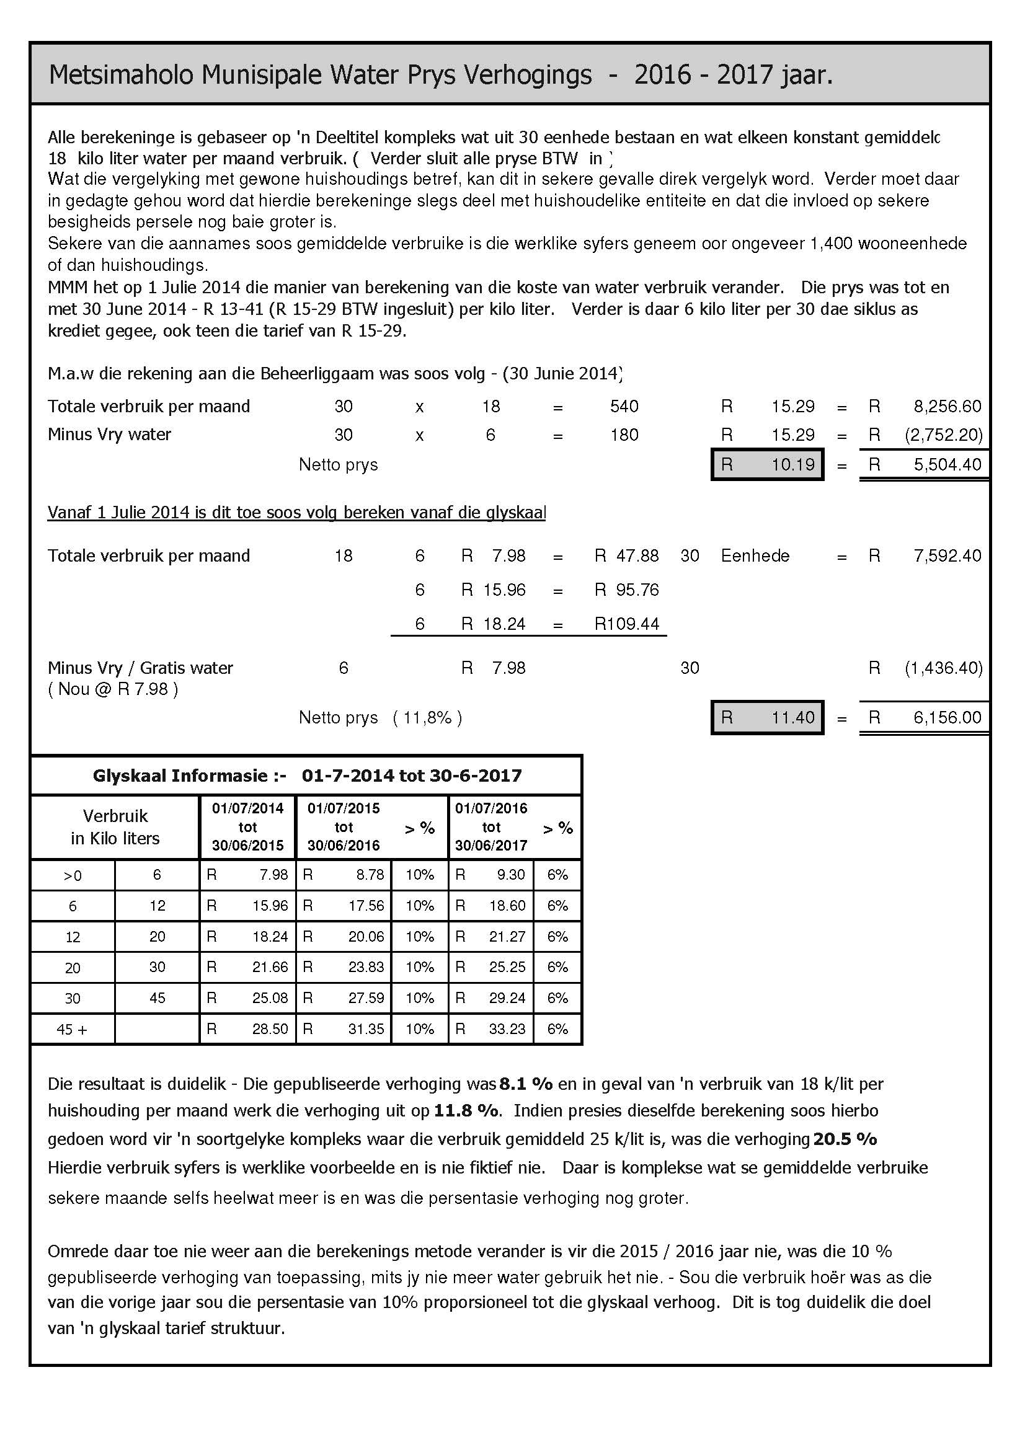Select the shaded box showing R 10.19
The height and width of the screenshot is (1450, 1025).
pyautogui.click(x=767, y=465)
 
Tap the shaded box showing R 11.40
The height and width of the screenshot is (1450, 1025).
pyautogui.click(x=767, y=717)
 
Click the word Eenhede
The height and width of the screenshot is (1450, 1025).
pyautogui.click(x=755, y=555)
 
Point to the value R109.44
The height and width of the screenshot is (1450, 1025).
pyautogui.click(x=626, y=624)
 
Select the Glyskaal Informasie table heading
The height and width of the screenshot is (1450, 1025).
pyautogui.click(x=307, y=776)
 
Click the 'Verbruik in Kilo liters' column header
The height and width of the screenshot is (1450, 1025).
pyautogui.click(x=115, y=828)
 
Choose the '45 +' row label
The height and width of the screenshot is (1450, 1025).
pyautogui.click(x=73, y=1030)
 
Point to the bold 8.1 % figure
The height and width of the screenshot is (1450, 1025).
pyautogui.click(x=525, y=1084)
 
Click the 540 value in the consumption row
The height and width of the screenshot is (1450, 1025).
pyautogui.click(x=624, y=406)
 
